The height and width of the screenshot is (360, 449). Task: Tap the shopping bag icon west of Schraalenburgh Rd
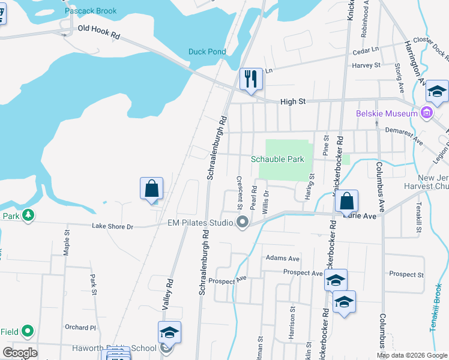coord(152,188)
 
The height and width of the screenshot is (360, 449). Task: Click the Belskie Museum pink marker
coord(426,112)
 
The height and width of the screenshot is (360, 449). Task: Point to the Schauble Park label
coord(277,159)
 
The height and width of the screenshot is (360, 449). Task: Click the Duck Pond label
coord(207,52)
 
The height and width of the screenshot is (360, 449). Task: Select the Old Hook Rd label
coord(99,32)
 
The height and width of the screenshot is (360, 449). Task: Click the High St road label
coord(293,102)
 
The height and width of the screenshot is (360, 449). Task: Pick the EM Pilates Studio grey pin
coord(243,223)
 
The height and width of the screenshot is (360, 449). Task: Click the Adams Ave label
coord(282,259)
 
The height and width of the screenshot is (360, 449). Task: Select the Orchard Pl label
coord(80,328)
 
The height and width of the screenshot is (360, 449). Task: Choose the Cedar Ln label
coord(366,50)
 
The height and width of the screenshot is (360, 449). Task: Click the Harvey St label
coord(366,65)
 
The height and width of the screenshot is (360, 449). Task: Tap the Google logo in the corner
coord(20,352)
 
